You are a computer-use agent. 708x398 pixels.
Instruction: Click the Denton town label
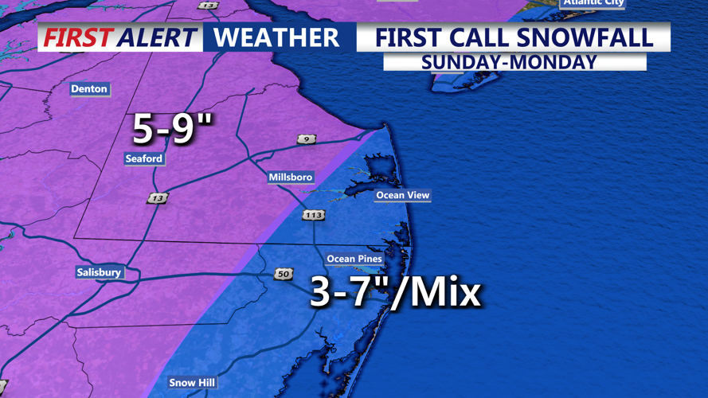pyautogui.click(x=89, y=89)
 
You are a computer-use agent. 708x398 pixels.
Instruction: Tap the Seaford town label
pyautogui.click(x=144, y=158)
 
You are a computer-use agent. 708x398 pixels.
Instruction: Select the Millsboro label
pyautogui.click(x=291, y=177)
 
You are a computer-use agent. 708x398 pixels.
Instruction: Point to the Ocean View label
pyautogui.click(x=402, y=195)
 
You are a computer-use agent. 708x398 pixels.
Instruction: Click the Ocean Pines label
pyautogui.click(x=354, y=259)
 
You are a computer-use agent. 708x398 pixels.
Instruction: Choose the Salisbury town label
pyautogui.click(x=99, y=272)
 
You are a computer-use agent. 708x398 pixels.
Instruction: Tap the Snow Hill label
pyautogui.click(x=192, y=383)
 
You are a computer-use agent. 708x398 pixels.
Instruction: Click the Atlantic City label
pyautogui.click(x=593, y=3)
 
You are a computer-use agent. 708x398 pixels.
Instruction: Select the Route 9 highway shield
pyautogui.click(x=307, y=139)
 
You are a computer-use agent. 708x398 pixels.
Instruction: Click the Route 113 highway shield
pyautogui.click(x=313, y=215)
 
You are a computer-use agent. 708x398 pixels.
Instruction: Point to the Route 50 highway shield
pyautogui.click(x=284, y=274)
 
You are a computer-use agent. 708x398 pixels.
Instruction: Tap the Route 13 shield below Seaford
pyautogui.click(x=158, y=198)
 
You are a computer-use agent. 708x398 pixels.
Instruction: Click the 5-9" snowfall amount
pyautogui.click(x=172, y=127)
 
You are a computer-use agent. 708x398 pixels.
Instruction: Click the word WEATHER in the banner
pyautogui.click(x=276, y=37)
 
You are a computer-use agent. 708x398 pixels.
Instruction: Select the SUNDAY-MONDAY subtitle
pyautogui.click(x=510, y=62)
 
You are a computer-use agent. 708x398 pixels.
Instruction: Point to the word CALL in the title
pyautogui.click(x=477, y=37)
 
